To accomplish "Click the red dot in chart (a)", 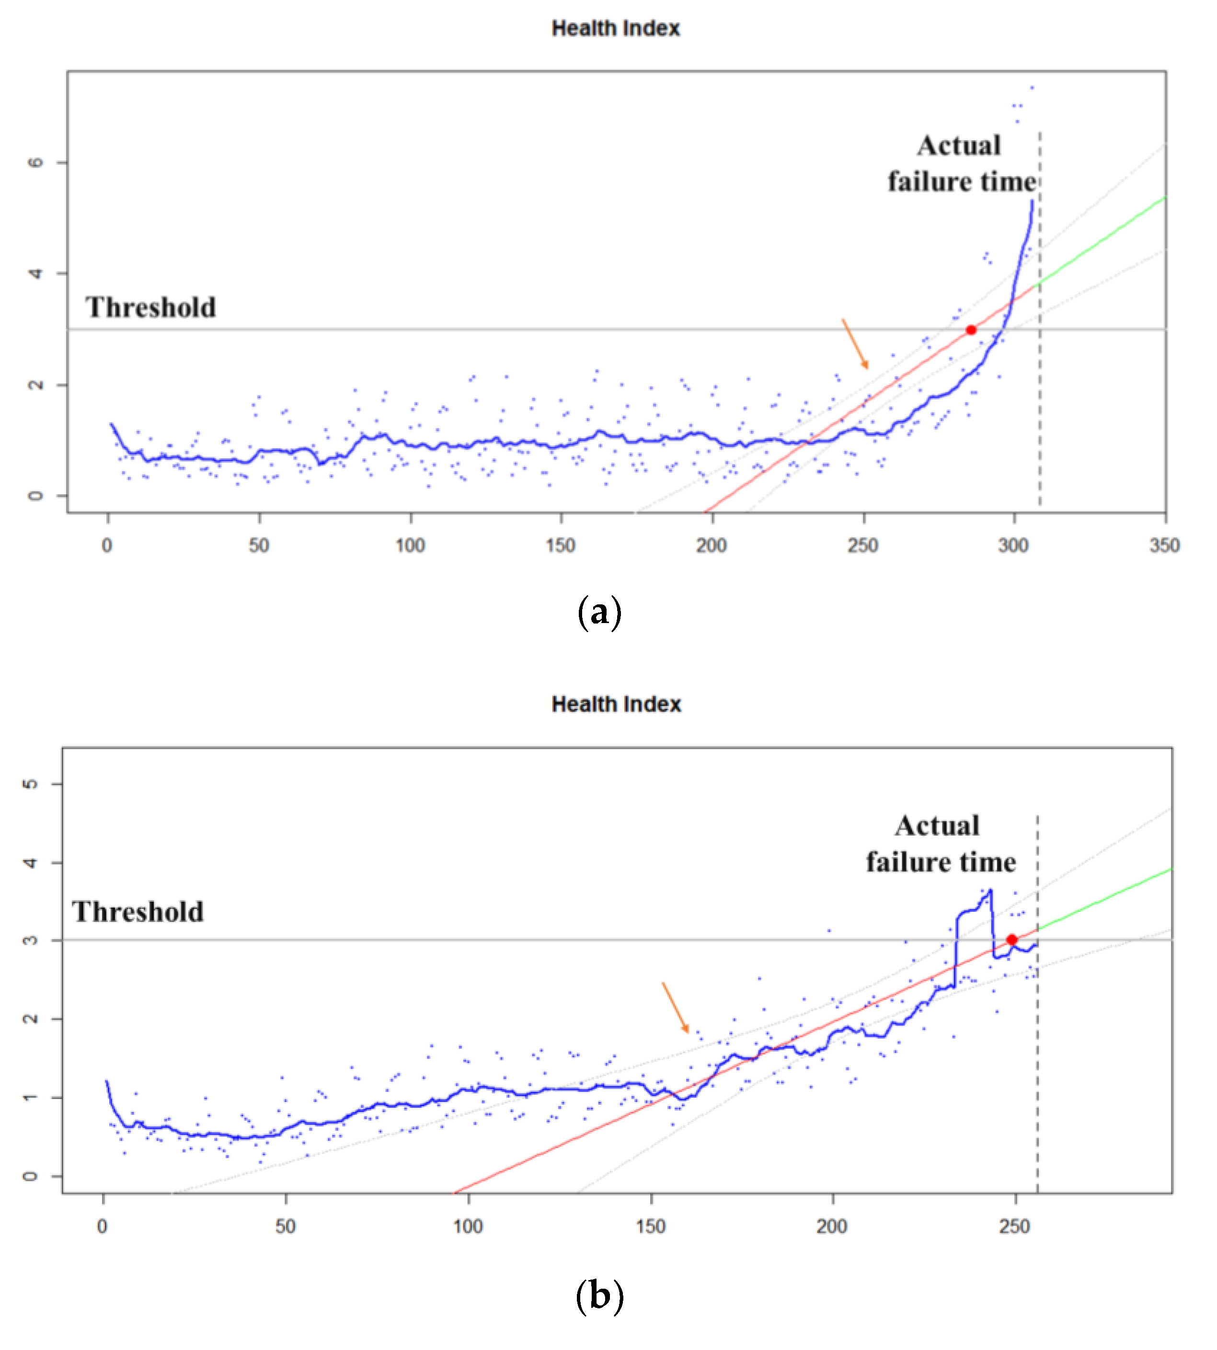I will pyautogui.click(x=971, y=329).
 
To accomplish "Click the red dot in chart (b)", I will pyautogui.click(x=1012, y=940).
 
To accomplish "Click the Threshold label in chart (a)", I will pyautogui.click(x=150, y=307).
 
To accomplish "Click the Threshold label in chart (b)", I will pyautogui.click(x=138, y=912).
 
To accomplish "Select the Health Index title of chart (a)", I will pyautogui.click(x=615, y=28).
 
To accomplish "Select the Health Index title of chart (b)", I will pyautogui.click(x=616, y=704).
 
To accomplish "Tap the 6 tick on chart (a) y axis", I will pyautogui.click(x=35, y=162).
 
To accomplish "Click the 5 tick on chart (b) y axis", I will pyautogui.click(x=30, y=783).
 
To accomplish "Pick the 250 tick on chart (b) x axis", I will pyautogui.click(x=1014, y=1226).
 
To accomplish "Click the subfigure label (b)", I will pyautogui.click(x=599, y=1296).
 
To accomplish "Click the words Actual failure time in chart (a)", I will pyautogui.click(x=961, y=164).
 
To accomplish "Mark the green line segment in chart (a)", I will pyautogui.click(x=1103, y=240).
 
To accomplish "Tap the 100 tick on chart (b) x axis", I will pyautogui.click(x=468, y=1226).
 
